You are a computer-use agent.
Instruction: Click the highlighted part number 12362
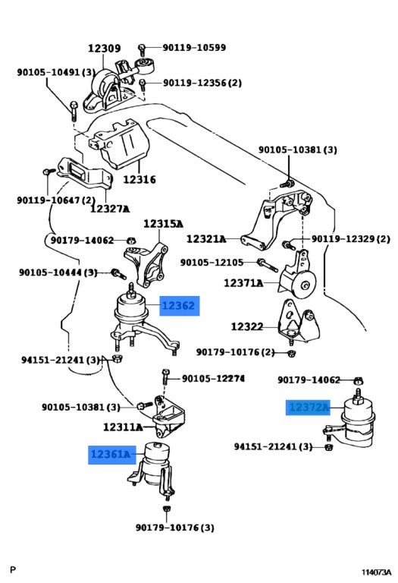[x=180, y=306]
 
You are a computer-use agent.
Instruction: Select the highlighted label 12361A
[x=111, y=455]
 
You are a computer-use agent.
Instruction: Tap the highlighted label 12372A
[x=308, y=408]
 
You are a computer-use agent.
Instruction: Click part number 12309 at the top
[x=105, y=49]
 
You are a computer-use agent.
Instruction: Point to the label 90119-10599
[x=194, y=48]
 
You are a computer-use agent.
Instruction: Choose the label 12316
[x=139, y=180]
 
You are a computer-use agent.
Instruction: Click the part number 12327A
[x=110, y=209]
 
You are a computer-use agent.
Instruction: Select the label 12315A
[x=163, y=224]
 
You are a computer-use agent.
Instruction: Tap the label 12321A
[x=206, y=238]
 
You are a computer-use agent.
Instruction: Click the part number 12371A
[x=243, y=283]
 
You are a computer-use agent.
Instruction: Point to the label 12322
[x=247, y=327]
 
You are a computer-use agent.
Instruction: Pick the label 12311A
[x=123, y=427]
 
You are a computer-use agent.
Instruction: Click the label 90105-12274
[x=213, y=379]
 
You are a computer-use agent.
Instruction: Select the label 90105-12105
[x=212, y=263]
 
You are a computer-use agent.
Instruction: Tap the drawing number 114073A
[x=377, y=572]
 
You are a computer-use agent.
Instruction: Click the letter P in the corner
[x=14, y=569]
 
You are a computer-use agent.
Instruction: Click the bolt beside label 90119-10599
[x=142, y=49]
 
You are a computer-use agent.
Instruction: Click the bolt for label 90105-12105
[x=268, y=265]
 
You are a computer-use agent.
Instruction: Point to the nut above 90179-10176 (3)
[x=166, y=509]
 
